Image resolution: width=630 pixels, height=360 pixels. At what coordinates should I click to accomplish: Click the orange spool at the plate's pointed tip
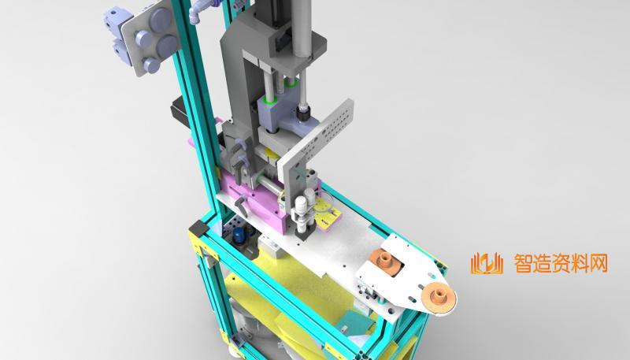click(x=439, y=298)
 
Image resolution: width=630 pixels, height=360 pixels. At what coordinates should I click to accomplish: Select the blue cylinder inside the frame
click(x=239, y=236)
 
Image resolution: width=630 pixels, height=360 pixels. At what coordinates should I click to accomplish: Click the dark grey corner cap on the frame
click(x=199, y=228)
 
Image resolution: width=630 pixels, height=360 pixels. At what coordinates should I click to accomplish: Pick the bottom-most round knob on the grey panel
click(x=151, y=65)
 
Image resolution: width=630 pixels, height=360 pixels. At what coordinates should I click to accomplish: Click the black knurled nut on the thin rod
click(x=302, y=113)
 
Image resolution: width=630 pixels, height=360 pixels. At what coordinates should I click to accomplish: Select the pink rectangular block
click(x=254, y=201)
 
